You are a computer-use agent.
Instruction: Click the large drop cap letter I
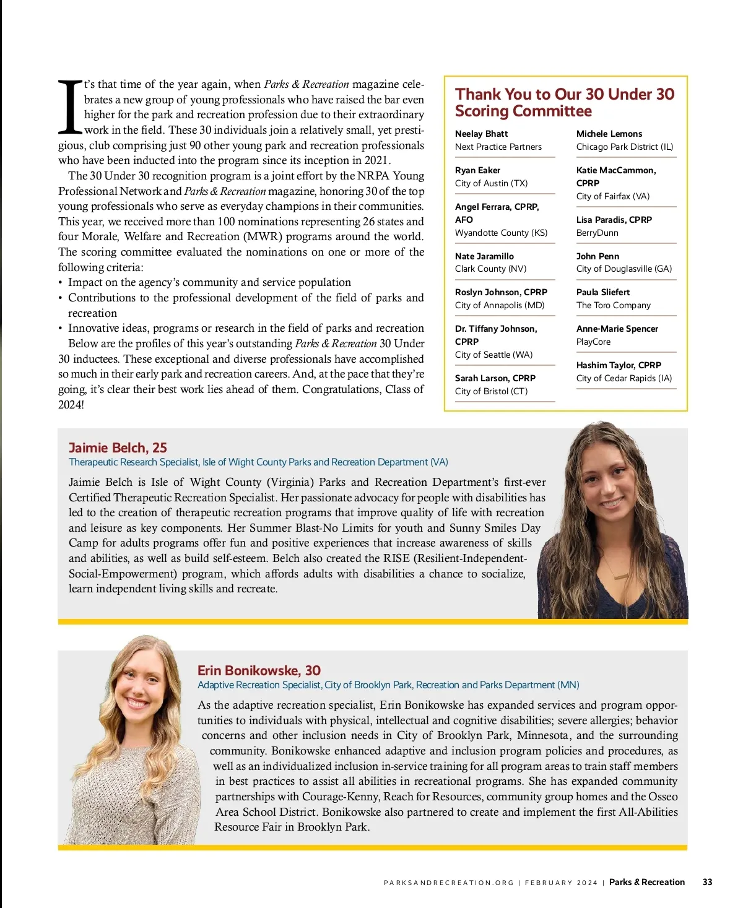[x=70, y=106]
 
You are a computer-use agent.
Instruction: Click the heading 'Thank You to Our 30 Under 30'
[x=565, y=94]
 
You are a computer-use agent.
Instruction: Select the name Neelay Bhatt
[x=481, y=134]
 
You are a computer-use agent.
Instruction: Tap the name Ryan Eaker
[x=477, y=170]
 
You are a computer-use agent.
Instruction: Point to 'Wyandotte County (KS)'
[x=501, y=233]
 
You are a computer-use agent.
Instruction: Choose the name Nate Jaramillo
[x=484, y=256]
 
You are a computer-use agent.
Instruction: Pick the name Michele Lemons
[x=609, y=134]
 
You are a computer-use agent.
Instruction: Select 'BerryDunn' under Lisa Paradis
[x=597, y=233]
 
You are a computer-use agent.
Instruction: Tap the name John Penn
[x=597, y=256]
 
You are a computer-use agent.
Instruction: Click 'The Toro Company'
[x=613, y=305]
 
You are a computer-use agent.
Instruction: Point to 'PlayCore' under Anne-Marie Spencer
[x=593, y=342]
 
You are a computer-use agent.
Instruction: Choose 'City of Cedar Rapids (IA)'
[x=624, y=378]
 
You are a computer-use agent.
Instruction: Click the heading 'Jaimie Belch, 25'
[x=118, y=448]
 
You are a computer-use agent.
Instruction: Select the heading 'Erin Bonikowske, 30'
[x=259, y=670]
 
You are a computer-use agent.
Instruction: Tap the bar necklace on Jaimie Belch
[x=620, y=577]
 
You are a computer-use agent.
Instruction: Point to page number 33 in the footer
[x=707, y=882]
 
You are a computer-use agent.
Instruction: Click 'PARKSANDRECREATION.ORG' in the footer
[x=448, y=883]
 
